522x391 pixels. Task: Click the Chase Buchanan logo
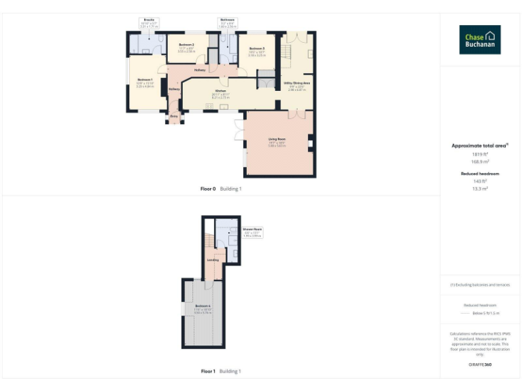pos(480,39)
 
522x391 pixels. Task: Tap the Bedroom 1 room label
pos(146,79)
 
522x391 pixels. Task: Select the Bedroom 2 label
pos(187,45)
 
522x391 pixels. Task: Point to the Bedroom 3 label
pos(256,49)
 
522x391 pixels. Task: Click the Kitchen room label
pos(220,90)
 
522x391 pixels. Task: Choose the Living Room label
pos(277,139)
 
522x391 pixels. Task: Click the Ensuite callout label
pos(149,20)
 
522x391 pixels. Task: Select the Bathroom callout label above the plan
pos(227,20)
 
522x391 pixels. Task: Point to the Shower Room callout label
pos(253,229)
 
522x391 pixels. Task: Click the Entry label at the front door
pos(173,116)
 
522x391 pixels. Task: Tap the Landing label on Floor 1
pos(213,260)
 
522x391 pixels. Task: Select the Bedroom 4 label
pos(202,306)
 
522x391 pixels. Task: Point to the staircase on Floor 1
pos(208,241)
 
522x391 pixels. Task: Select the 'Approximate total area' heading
pos(480,145)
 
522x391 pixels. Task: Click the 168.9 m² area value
pos(480,162)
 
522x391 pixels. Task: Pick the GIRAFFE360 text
pos(480,365)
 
